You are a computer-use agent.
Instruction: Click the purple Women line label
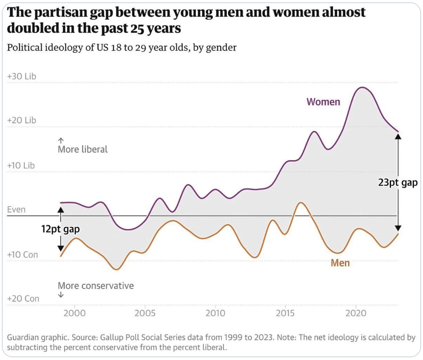(323, 102)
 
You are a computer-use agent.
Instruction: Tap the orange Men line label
(340, 263)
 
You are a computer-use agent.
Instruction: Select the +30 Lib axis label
(22, 76)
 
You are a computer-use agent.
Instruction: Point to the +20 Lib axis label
(22, 121)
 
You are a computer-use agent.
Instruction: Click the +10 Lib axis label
(21, 166)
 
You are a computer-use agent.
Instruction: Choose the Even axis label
(16, 210)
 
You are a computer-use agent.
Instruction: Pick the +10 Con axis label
(22, 255)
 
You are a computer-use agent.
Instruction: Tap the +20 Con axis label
(23, 299)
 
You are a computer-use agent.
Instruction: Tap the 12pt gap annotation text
(60, 229)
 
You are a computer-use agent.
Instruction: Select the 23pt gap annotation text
(398, 183)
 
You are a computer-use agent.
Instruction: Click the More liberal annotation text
(83, 149)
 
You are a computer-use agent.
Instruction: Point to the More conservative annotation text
(96, 286)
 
